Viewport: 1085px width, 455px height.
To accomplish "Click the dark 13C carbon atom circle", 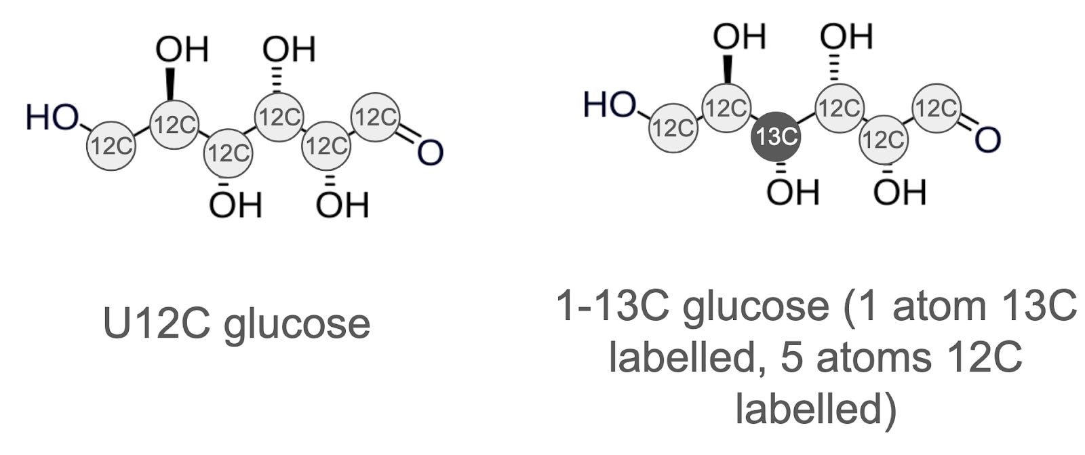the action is click(x=776, y=137).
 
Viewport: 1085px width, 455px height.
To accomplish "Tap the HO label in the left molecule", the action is click(x=52, y=117).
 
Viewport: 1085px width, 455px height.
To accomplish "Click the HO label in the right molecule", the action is click(x=610, y=106).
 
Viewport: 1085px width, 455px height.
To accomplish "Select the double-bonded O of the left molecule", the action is click(x=430, y=153).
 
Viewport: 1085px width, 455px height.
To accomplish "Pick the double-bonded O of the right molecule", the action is click(x=987, y=140).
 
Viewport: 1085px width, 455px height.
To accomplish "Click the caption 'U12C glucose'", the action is click(x=237, y=324).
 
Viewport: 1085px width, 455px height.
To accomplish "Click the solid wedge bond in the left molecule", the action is click(x=170, y=83).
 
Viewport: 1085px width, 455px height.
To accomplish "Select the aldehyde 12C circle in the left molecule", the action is click(x=376, y=117).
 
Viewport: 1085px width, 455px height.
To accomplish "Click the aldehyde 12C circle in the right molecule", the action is click(x=936, y=107).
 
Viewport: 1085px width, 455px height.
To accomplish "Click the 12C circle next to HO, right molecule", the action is click(x=672, y=127).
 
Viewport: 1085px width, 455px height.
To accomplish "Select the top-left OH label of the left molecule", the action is click(x=181, y=50).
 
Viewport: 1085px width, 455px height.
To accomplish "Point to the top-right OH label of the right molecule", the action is click(x=846, y=36).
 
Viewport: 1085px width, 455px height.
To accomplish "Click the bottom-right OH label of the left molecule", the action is click(x=342, y=205).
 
